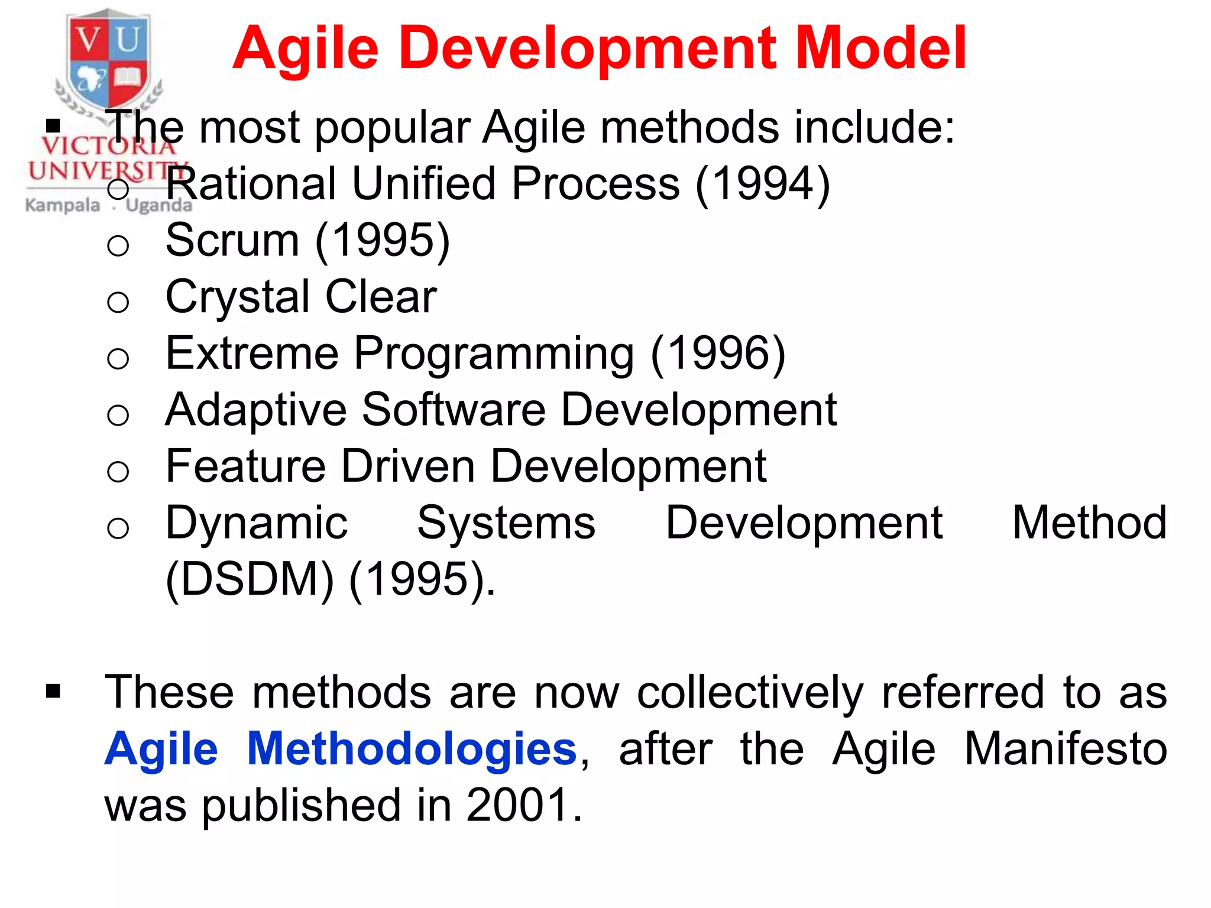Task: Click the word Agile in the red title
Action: coord(306,50)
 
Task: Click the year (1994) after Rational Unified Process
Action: coord(763,184)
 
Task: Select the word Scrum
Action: coord(232,241)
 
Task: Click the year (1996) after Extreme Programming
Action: coord(718,354)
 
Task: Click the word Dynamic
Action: coord(257,524)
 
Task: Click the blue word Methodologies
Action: coord(412,749)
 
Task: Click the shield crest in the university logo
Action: coord(108,59)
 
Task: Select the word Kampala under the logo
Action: coord(63,206)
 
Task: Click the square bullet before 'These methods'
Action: coord(53,691)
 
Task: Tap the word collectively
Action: coord(750,692)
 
